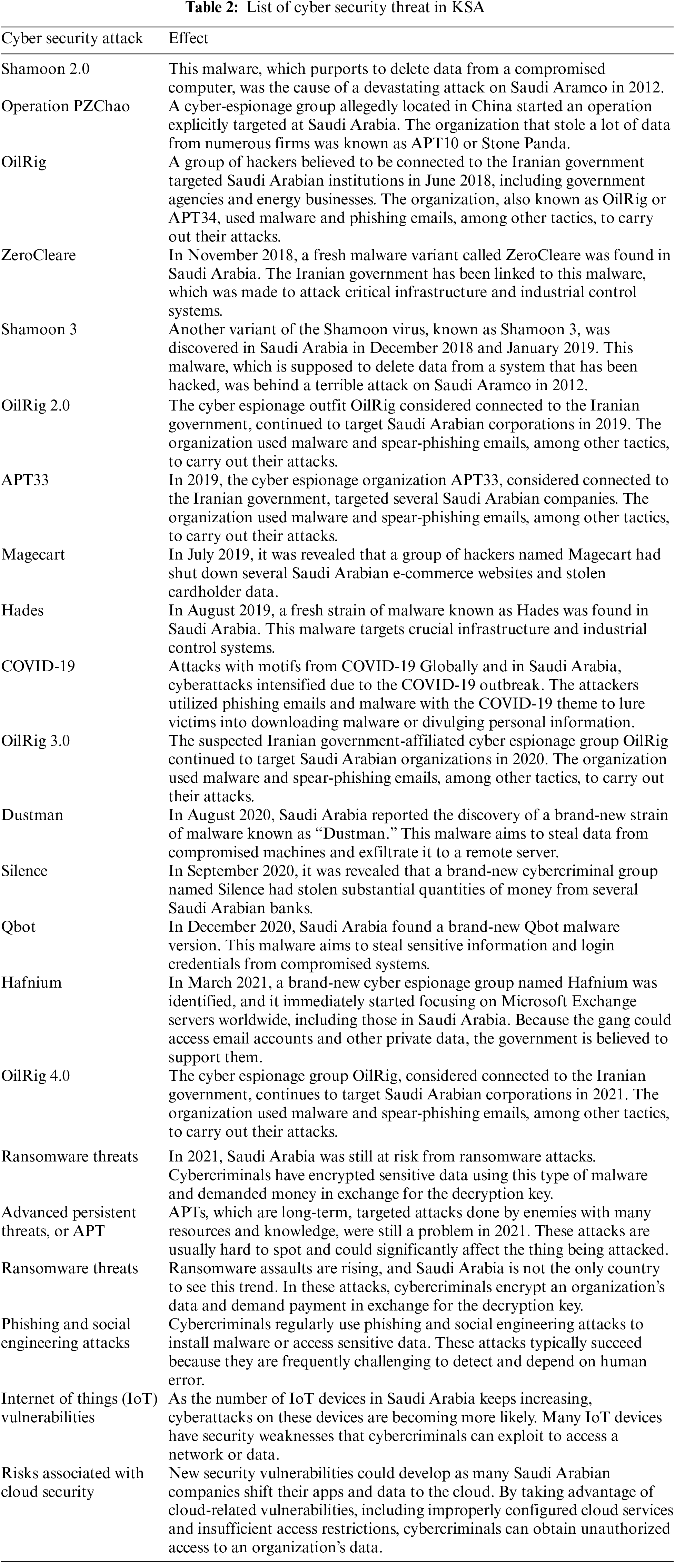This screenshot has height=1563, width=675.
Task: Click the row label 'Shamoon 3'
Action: (x=39, y=329)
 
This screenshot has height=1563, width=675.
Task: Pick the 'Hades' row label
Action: (x=22, y=610)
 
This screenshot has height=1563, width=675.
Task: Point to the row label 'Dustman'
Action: (x=32, y=815)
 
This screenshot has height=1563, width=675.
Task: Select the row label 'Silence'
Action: (x=24, y=871)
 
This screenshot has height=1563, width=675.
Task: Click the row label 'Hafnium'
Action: (x=31, y=982)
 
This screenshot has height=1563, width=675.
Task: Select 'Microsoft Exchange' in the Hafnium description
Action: (x=569, y=1001)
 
